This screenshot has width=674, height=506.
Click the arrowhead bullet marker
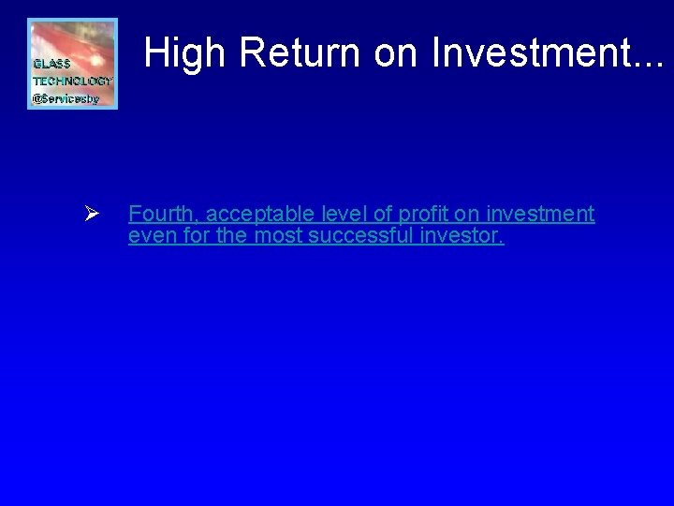[x=92, y=216]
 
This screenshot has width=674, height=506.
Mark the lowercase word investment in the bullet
[x=539, y=215]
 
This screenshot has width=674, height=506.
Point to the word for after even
[x=197, y=236]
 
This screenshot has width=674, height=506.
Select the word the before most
[x=232, y=236]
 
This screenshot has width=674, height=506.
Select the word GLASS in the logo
[x=51, y=64]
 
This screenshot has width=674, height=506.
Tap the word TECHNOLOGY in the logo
[x=72, y=82]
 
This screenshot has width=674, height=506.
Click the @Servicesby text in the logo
[x=66, y=98]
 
